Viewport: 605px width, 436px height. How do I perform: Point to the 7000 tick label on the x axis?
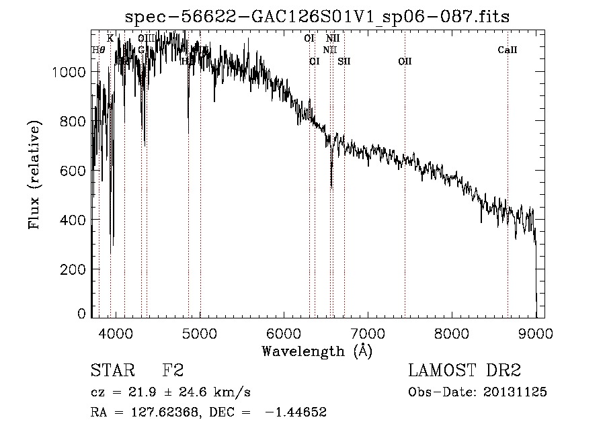click(368, 333)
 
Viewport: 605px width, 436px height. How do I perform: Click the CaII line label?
click(508, 50)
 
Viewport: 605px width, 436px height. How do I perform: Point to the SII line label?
click(344, 61)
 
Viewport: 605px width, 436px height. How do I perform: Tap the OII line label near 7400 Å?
click(405, 61)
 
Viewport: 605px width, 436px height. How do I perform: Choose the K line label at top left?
click(110, 38)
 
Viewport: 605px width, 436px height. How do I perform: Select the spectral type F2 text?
click(173, 371)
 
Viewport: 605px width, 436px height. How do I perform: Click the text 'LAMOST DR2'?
click(465, 371)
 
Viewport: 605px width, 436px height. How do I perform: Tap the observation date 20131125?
click(516, 392)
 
